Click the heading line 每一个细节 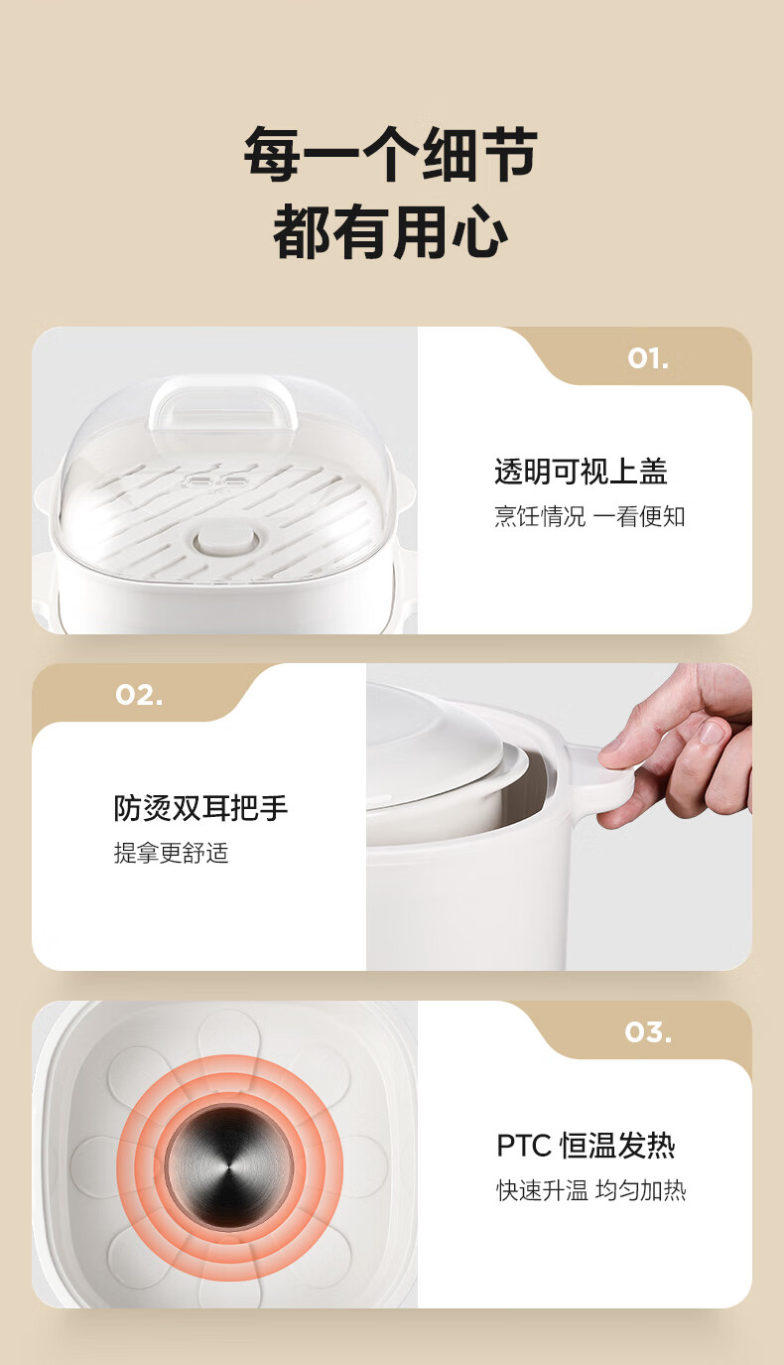390,154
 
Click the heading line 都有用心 390,231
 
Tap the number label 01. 648,359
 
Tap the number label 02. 139,695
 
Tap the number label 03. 648,1032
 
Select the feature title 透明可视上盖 581,471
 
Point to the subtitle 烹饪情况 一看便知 589,516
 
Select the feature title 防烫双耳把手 200,808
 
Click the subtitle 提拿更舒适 171,853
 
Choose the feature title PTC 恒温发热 587,1145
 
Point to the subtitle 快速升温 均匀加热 590,1190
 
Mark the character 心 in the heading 481,232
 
